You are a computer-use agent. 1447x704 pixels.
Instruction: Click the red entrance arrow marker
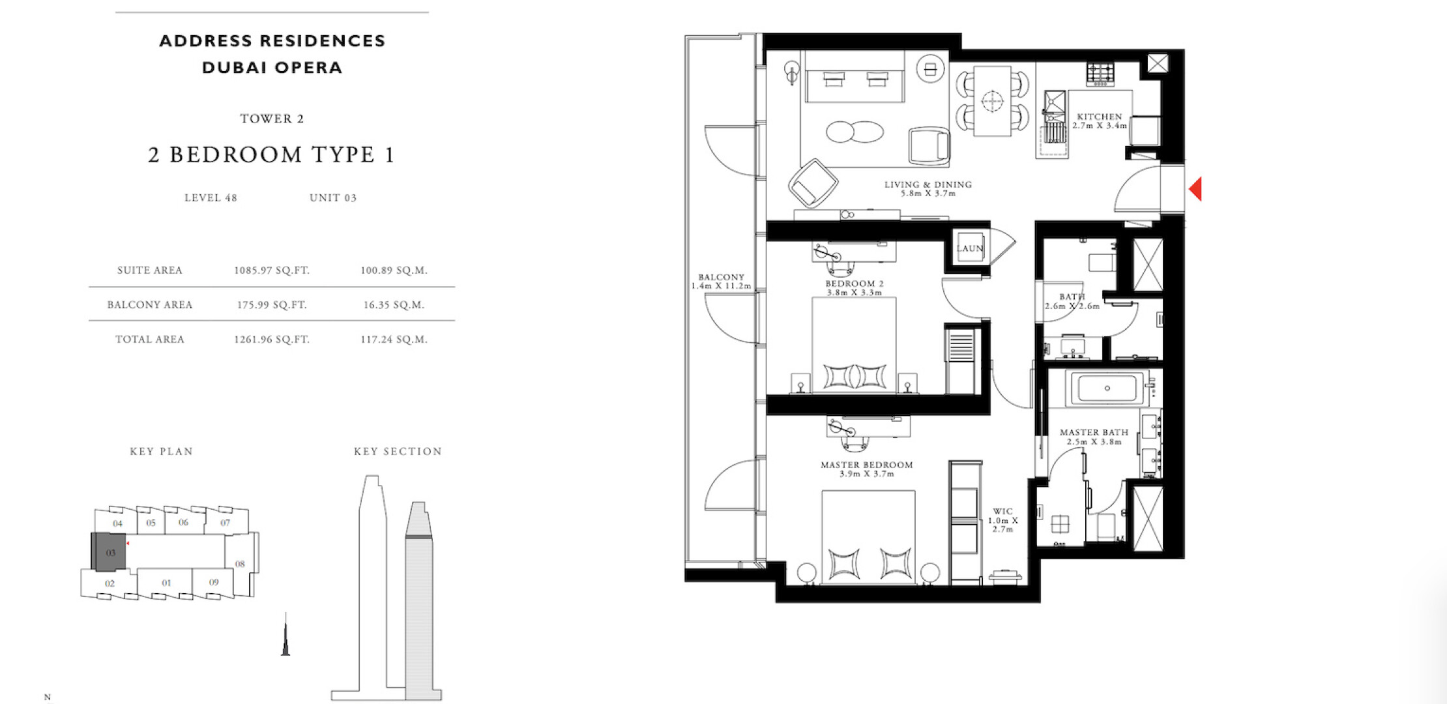point(1195,189)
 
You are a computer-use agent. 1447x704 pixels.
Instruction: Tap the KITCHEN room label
point(1100,117)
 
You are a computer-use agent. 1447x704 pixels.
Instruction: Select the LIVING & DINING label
point(928,184)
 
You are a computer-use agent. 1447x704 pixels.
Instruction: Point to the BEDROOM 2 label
point(855,284)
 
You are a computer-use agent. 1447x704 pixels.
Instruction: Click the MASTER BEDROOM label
point(866,465)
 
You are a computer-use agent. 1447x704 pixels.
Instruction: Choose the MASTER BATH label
point(1094,432)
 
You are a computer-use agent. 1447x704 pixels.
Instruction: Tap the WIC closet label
point(1002,512)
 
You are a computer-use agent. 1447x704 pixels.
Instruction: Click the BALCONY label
point(721,277)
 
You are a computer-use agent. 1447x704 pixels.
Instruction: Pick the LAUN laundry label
point(970,248)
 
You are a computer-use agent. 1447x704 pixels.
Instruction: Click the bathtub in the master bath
point(1107,389)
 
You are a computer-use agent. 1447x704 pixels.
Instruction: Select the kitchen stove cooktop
point(1100,74)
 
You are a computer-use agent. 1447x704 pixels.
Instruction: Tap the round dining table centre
point(992,101)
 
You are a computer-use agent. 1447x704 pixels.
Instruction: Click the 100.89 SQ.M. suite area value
point(394,271)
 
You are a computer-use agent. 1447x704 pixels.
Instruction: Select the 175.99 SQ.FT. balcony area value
point(272,304)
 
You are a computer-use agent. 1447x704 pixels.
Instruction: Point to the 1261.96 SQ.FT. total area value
point(272,340)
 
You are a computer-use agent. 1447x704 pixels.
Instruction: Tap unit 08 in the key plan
point(241,563)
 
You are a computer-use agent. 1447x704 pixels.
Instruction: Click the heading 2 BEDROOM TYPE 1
point(272,155)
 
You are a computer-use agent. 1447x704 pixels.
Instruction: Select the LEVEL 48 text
point(211,198)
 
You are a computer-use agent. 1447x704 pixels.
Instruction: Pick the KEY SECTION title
point(398,451)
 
